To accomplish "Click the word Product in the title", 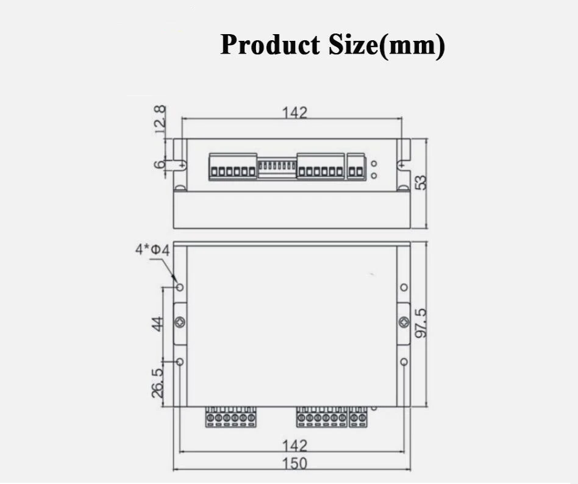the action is (x=270, y=44).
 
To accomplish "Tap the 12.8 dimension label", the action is (x=160, y=120).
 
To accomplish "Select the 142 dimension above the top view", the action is (x=294, y=112).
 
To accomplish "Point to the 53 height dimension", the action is (x=421, y=182).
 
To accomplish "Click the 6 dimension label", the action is (x=160, y=165).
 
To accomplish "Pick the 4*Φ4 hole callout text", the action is (x=152, y=250).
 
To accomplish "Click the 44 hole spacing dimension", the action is (x=157, y=324).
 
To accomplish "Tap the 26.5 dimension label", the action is (x=157, y=383).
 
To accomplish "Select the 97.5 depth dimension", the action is (x=421, y=323).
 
